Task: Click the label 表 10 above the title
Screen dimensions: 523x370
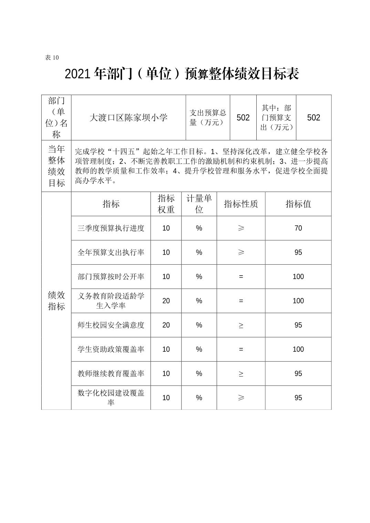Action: (x=52, y=57)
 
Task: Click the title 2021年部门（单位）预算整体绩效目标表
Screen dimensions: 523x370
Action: (x=182, y=74)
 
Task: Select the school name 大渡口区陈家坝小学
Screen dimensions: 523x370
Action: (x=128, y=118)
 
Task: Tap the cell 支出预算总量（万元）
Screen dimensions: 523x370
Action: (x=208, y=118)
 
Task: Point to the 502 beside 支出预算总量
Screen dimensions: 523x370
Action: (x=243, y=118)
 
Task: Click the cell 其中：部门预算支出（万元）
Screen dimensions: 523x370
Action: (x=276, y=118)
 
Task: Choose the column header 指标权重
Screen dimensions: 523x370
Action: (x=166, y=204)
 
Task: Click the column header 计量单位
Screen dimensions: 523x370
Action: (x=199, y=204)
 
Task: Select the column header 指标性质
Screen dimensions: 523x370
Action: (x=241, y=204)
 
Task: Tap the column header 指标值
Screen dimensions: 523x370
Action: (x=298, y=204)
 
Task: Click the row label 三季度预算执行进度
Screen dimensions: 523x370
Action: (x=111, y=228)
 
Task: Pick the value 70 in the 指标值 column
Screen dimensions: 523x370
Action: (x=298, y=228)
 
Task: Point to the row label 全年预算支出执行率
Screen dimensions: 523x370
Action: (x=111, y=252)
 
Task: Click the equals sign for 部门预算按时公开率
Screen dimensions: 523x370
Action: (x=241, y=277)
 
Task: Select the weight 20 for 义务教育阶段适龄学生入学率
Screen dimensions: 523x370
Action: (x=166, y=301)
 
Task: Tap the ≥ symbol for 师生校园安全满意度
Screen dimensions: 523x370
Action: (x=241, y=325)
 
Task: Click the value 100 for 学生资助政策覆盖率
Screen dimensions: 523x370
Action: (x=298, y=349)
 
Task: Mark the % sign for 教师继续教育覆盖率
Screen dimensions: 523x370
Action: (x=199, y=374)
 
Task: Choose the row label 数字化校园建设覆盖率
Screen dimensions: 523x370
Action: (x=111, y=398)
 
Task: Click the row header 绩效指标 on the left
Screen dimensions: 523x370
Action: (x=56, y=301)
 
